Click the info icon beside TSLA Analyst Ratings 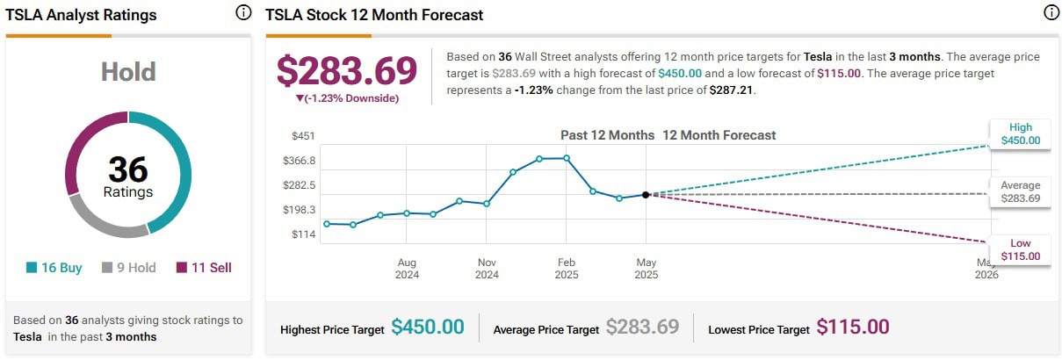(x=243, y=14)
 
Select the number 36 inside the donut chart (x=128, y=169)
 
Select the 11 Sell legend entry (x=204, y=268)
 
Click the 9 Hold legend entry (x=129, y=268)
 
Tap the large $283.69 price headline (x=347, y=71)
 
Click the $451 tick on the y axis (x=303, y=136)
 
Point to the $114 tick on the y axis (x=303, y=234)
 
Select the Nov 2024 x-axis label (x=487, y=268)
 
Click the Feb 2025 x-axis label (x=567, y=268)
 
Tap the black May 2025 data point (x=646, y=195)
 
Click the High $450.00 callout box (x=1020, y=133)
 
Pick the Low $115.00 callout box (x=1020, y=249)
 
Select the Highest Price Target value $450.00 (x=428, y=328)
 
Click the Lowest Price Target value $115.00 (x=853, y=328)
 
